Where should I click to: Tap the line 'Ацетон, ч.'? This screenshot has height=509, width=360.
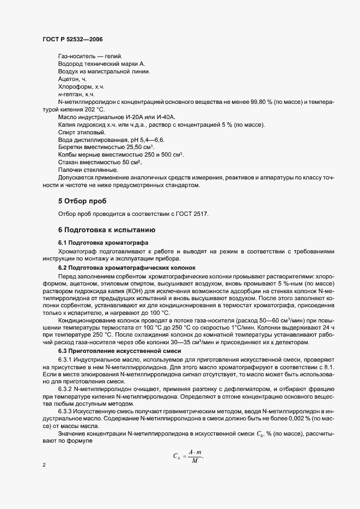(x=72, y=79)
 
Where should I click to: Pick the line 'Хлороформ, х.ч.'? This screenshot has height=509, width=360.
(x=81, y=86)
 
